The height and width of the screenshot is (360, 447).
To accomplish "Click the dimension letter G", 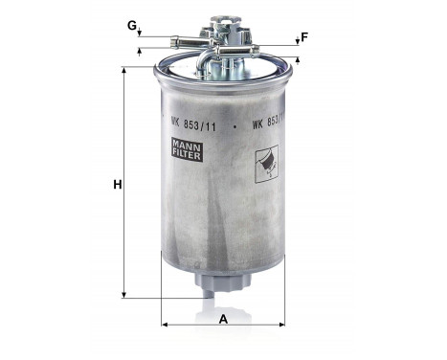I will [131, 24].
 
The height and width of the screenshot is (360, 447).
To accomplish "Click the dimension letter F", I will [304, 37].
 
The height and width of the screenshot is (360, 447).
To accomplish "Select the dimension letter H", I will [116, 185].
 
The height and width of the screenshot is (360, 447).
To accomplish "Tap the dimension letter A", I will [223, 319].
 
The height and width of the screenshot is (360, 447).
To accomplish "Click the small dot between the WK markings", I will [234, 123].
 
